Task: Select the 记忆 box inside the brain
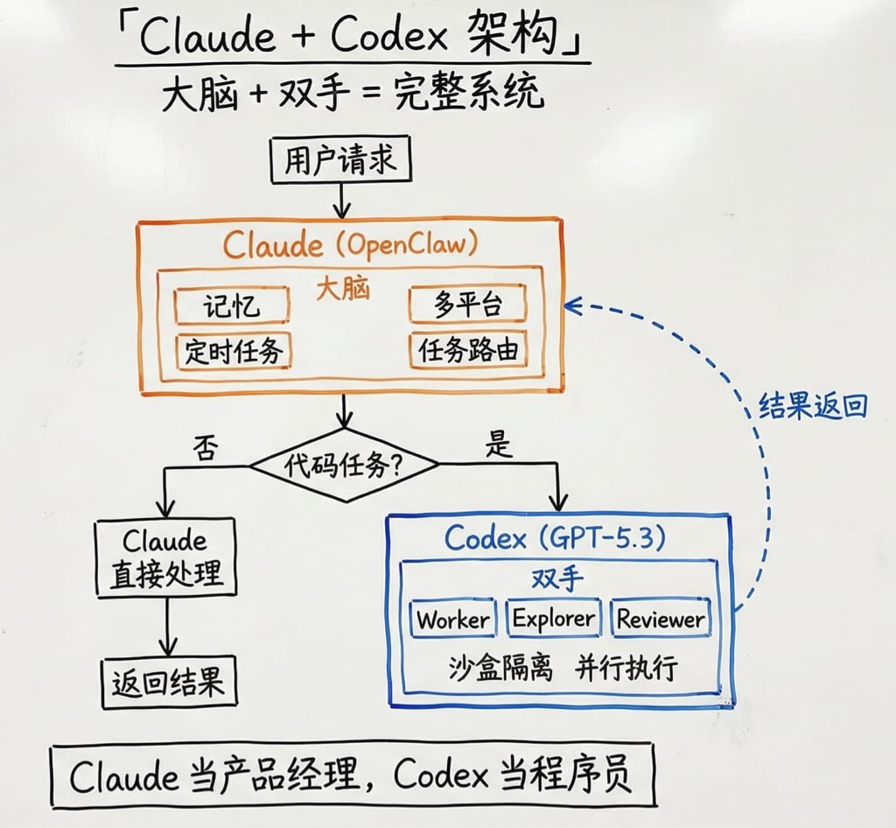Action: click(x=231, y=305)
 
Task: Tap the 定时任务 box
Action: click(x=234, y=351)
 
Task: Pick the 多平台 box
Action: click(x=467, y=305)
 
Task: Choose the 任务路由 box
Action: click(x=468, y=351)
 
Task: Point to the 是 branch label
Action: click(x=499, y=446)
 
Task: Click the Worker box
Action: click(x=452, y=620)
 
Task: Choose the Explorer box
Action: click(x=553, y=620)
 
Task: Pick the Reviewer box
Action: click(x=660, y=620)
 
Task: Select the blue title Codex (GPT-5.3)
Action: click(x=554, y=537)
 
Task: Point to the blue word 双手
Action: click(x=557, y=579)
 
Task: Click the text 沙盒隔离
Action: click(x=491, y=670)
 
